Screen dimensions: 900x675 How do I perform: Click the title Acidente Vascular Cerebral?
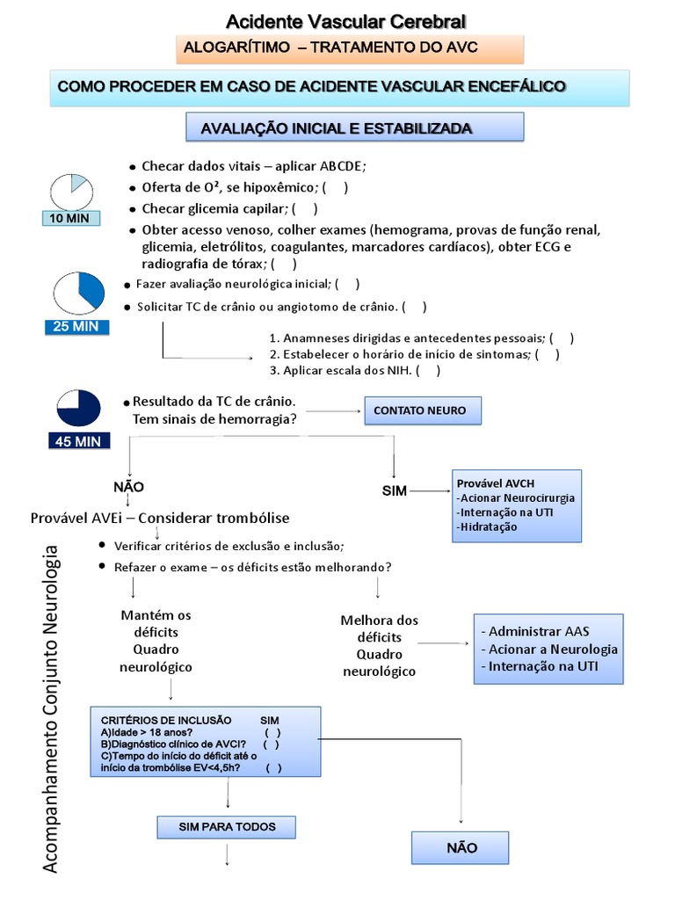(346, 20)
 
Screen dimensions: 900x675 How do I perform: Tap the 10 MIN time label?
(71, 218)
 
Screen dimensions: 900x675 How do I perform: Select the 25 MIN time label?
(78, 327)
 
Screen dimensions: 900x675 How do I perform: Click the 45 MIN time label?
(78, 440)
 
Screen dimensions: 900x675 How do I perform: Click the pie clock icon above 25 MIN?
(78, 292)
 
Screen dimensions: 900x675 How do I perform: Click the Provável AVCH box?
(516, 504)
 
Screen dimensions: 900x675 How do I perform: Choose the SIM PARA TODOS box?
(227, 827)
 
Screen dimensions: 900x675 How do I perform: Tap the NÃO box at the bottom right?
(461, 848)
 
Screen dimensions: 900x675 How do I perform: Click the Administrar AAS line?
(536, 631)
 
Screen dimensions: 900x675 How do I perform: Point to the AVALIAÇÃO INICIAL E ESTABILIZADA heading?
(355, 128)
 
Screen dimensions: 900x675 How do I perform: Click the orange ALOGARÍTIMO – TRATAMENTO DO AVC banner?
(350, 48)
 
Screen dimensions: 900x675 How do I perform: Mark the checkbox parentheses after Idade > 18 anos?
(272, 732)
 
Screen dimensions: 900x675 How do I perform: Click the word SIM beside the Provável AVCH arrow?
(395, 490)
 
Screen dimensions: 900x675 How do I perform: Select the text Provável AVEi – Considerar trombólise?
(159, 518)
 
